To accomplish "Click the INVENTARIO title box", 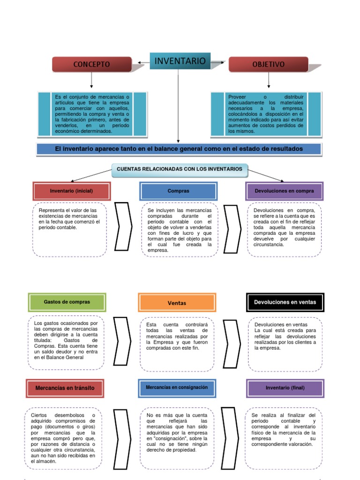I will (x=180, y=61).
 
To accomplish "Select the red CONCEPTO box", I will (x=91, y=65).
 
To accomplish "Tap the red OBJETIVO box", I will (x=268, y=65).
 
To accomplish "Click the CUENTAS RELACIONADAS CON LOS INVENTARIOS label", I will (x=180, y=169).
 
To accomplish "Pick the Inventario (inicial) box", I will (x=72, y=191).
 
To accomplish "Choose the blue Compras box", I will (x=178, y=191).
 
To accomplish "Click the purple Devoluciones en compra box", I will (x=285, y=191).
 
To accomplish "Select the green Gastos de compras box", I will (x=67, y=302).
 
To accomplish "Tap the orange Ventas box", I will (x=177, y=303).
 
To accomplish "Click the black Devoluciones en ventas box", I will (x=285, y=302).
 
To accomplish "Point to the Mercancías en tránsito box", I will (x=65, y=388).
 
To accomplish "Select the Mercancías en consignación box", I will (x=177, y=388).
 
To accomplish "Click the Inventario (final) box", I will (x=285, y=388).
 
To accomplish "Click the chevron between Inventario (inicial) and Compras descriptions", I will (x=123, y=227).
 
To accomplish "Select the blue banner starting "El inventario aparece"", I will (x=179, y=149).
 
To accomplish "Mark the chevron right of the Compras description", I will (x=232, y=227).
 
